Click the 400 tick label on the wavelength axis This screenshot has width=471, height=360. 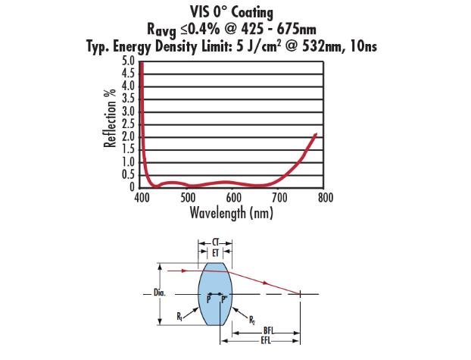click(142, 198)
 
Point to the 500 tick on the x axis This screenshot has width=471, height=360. click(188, 198)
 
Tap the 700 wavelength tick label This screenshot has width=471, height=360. click(279, 198)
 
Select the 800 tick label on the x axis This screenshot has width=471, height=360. click(326, 198)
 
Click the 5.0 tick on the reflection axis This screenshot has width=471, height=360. click(128, 61)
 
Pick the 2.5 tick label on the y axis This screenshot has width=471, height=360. click(128, 124)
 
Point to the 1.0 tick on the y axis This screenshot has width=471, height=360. click(128, 161)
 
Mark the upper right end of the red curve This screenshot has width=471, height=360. click(316, 134)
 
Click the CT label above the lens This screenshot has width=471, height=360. click(215, 242)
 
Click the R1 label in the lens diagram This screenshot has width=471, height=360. click(178, 315)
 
